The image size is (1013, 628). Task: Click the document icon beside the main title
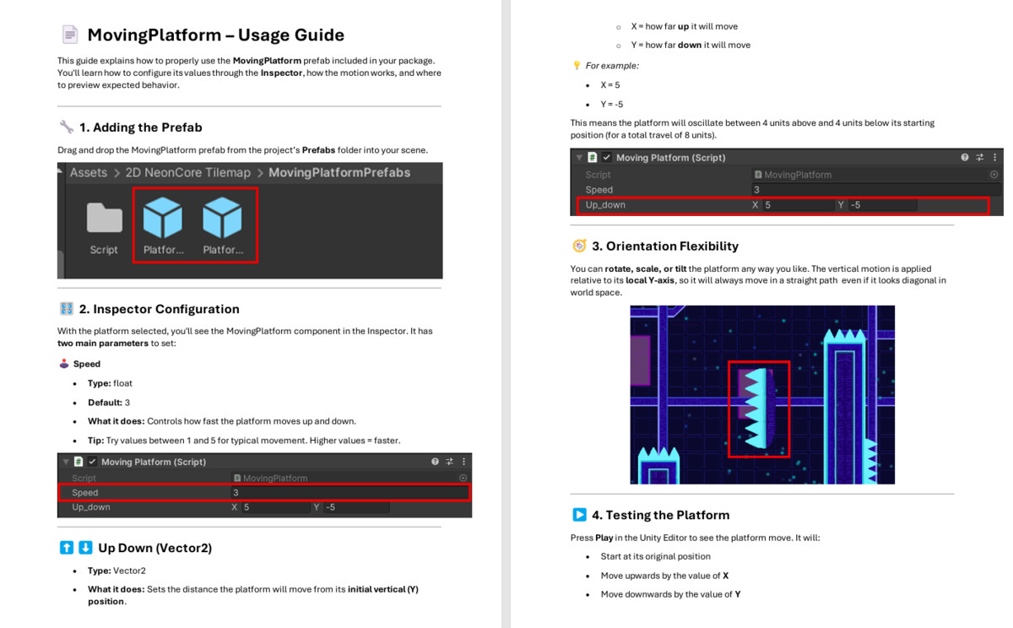[69, 35]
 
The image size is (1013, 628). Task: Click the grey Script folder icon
[104, 218]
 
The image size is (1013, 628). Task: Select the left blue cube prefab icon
[163, 218]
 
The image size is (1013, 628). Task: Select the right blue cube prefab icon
[223, 218]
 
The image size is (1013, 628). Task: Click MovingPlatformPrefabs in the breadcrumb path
[339, 173]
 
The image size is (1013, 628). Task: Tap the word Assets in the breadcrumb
[89, 173]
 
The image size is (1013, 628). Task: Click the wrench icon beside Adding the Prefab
[67, 127]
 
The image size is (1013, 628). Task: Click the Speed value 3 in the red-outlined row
[236, 492]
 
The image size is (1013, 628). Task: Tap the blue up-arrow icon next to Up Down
[67, 548]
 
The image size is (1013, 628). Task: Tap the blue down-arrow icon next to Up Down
[85, 548]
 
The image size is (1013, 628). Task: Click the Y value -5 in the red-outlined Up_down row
[856, 205]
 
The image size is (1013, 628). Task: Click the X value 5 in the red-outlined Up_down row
[768, 205]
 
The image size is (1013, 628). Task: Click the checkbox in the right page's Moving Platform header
[607, 157]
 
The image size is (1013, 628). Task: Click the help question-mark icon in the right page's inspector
[965, 157]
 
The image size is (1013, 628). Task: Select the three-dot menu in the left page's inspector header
[463, 462]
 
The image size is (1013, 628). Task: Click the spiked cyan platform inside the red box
[759, 409]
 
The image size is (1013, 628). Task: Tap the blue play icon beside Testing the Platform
[579, 515]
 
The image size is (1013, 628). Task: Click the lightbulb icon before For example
[577, 65]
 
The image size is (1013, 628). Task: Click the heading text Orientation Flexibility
[672, 246]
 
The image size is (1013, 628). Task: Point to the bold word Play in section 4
[604, 538]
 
